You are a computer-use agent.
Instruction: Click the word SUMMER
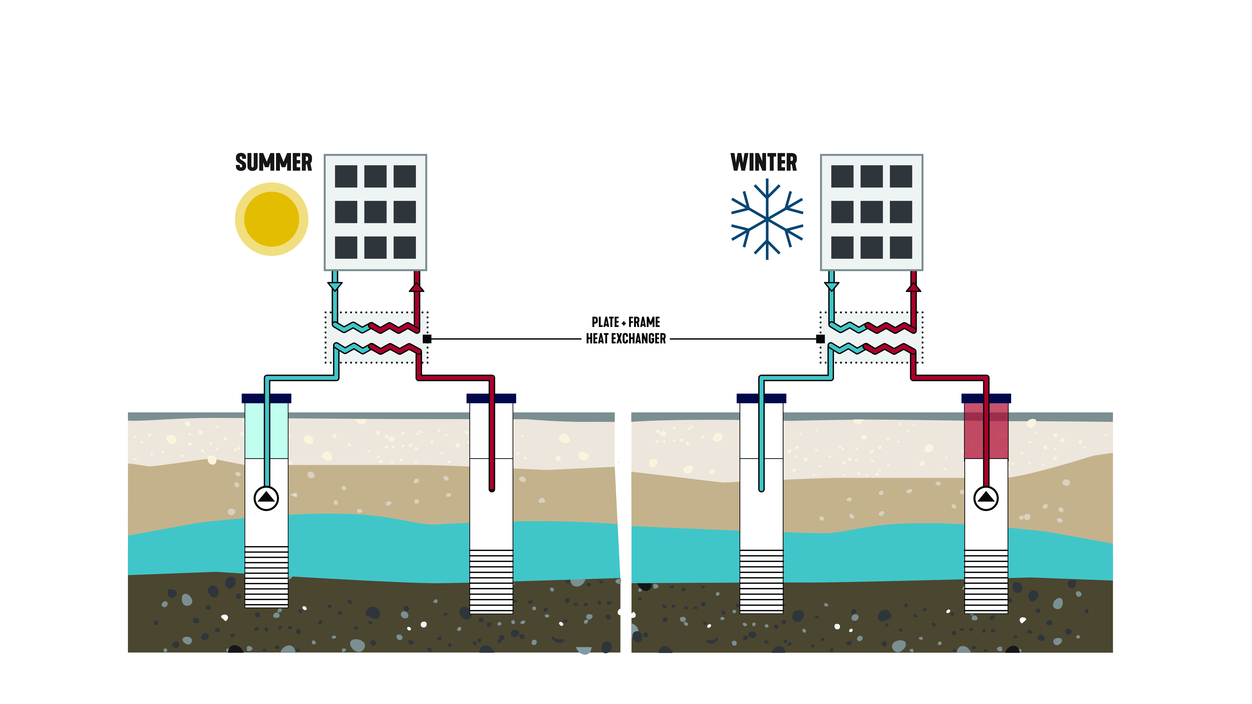pyautogui.click(x=274, y=162)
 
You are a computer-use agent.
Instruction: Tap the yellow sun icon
pyautogui.click(x=271, y=219)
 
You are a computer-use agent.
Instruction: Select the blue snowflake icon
pyautogui.click(x=767, y=219)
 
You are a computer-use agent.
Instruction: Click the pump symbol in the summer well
pyautogui.click(x=266, y=498)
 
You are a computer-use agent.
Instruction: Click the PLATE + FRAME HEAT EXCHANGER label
pyautogui.click(x=626, y=330)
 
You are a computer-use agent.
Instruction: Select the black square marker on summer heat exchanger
pyautogui.click(x=427, y=339)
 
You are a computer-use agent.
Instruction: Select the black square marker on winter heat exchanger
pyautogui.click(x=820, y=339)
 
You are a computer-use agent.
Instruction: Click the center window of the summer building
pyautogui.click(x=375, y=212)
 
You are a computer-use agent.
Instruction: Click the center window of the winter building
pyautogui.click(x=871, y=212)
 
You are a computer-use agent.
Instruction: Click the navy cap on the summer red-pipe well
pyautogui.click(x=491, y=398)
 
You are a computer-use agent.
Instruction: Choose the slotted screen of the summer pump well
pyautogui.click(x=266, y=577)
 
